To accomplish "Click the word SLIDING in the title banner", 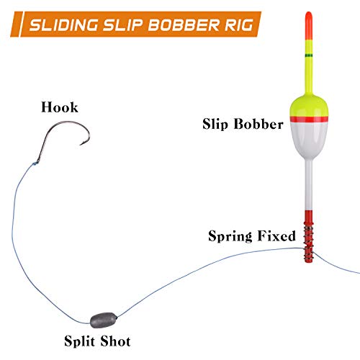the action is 64,24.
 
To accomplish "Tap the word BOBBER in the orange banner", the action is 184,24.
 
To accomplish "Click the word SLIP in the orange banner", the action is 123,24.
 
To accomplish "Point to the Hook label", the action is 60,107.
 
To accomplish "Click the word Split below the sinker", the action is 79,341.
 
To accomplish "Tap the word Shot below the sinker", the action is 115,341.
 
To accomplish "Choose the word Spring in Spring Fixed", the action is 230,236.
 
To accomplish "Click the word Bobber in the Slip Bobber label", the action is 258,124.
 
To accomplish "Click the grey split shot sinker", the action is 104,320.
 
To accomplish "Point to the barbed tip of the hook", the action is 81,145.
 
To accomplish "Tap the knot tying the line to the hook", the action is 35,163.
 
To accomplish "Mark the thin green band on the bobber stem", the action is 309,55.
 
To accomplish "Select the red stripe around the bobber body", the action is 309,119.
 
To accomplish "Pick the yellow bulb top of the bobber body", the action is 309,106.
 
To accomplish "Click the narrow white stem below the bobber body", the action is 309,185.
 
